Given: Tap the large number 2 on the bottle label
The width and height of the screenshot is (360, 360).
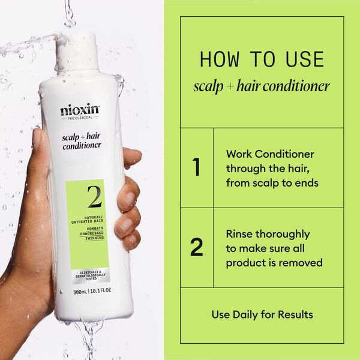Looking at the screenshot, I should (x=94, y=197).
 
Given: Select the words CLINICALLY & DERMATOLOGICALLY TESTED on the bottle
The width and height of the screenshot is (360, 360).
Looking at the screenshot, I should (x=88, y=275).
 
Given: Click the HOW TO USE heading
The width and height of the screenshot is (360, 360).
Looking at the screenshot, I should (x=262, y=59).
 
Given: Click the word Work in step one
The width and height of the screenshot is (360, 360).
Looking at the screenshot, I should (x=239, y=154).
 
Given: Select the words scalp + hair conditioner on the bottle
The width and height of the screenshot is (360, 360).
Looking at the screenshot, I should (x=82, y=140).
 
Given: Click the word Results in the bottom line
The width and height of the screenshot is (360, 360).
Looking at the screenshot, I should (x=296, y=314).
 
